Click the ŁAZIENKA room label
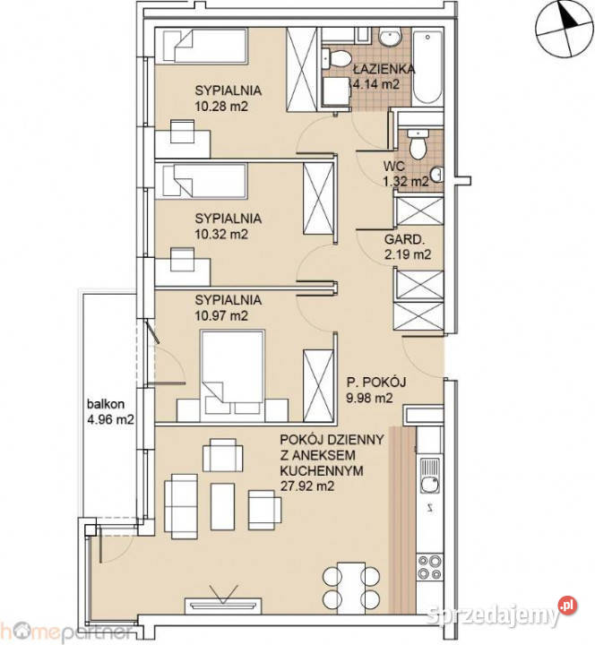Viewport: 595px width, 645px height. (x=382, y=68)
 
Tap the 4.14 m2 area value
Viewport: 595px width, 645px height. (x=376, y=85)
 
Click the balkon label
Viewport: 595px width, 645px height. (x=105, y=402)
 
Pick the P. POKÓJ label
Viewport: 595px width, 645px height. (x=376, y=383)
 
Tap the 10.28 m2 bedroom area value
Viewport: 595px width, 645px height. (x=221, y=106)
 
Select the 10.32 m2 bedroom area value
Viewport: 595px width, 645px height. (x=221, y=234)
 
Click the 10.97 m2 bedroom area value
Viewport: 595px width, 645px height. (x=221, y=315)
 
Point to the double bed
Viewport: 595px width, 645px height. (x=232, y=369)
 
